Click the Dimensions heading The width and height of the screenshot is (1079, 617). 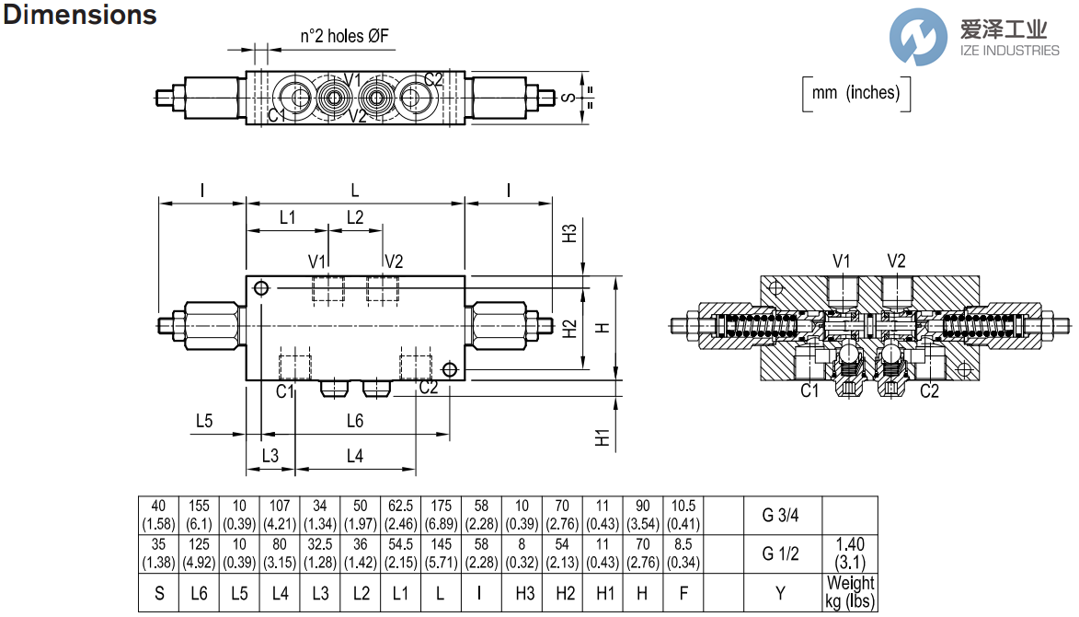(81, 16)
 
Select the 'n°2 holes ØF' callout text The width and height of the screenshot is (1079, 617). (344, 37)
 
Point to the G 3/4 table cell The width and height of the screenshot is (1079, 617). (779, 515)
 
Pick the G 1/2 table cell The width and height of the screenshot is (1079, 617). (779, 553)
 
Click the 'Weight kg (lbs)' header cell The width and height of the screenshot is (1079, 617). (850, 593)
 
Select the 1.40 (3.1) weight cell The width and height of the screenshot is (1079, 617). (850, 553)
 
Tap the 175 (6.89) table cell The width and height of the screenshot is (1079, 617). (441, 515)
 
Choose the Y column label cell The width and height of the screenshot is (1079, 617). (779, 593)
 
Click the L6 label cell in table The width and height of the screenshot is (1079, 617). (199, 593)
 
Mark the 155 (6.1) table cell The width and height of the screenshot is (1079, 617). (199, 515)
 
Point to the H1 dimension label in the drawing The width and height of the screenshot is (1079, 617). (603, 437)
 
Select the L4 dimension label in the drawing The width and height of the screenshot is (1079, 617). (354, 455)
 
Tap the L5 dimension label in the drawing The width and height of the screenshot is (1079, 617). (204, 421)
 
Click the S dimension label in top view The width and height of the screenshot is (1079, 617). (569, 98)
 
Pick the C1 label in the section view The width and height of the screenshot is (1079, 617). (809, 390)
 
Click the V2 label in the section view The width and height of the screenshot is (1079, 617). (896, 261)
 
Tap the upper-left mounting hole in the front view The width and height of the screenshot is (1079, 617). (262, 289)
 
